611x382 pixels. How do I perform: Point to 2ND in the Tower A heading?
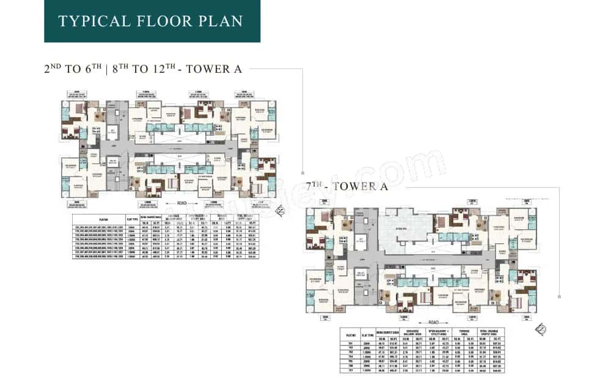[x=53, y=69]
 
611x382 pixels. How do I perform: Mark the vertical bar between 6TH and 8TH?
[x=106, y=69]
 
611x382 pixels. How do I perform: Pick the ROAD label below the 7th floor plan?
[x=433, y=321]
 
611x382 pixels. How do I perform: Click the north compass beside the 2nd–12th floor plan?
[x=280, y=211]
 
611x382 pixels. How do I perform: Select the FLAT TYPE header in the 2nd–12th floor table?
[x=130, y=219]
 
